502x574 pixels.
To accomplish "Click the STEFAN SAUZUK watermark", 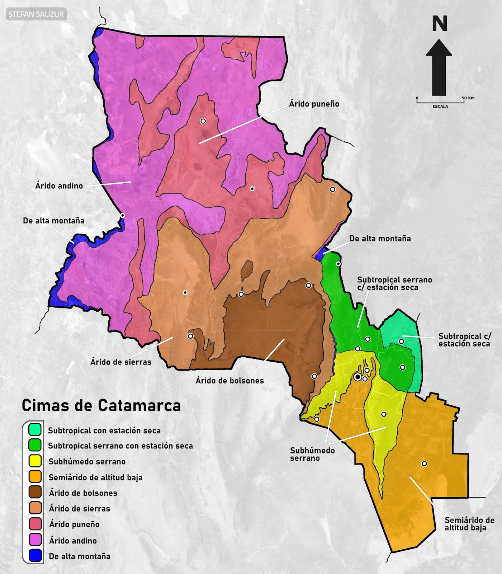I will (x=36, y=14).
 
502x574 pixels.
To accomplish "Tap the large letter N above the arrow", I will (x=439, y=24).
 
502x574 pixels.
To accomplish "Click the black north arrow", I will (x=439, y=68).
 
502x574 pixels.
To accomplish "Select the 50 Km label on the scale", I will (x=468, y=98).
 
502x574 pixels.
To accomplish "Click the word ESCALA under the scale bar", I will (x=440, y=107).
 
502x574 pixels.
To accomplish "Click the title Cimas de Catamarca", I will (x=101, y=406).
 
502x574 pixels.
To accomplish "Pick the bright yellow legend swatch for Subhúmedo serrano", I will (x=35, y=461).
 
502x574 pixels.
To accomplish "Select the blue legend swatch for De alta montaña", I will (x=35, y=556).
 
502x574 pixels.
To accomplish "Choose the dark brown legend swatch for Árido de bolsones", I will (x=35, y=493).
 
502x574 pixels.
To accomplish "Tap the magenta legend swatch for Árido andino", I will (x=35, y=540).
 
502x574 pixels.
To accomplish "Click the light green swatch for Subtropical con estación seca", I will (x=35, y=429).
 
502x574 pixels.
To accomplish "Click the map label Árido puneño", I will (x=314, y=104).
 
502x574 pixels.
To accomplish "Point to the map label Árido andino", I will (x=59, y=186).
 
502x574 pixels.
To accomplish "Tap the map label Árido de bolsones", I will (x=229, y=381).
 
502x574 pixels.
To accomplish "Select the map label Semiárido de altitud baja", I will (x=469, y=524).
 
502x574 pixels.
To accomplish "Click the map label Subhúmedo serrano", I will (x=312, y=454).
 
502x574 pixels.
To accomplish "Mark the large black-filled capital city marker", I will (x=357, y=377).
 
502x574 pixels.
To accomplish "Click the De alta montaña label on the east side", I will (x=380, y=239).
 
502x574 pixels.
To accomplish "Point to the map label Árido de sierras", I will (x=120, y=362).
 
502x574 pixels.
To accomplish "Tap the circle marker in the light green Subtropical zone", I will (x=401, y=342).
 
